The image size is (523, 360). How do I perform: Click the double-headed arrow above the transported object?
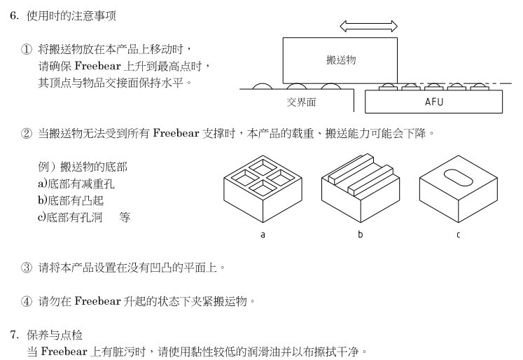[368, 26]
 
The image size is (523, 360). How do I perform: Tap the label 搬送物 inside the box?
[341, 60]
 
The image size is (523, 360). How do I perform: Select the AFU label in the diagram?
[434, 102]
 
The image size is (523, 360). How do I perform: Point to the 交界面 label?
[301, 102]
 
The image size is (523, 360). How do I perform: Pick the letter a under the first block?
[263, 235]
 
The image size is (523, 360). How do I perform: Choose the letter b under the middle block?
[361, 234]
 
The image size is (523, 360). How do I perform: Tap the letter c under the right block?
[458, 235]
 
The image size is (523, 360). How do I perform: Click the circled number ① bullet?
[27, 50]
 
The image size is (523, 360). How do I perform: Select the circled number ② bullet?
[27, 134]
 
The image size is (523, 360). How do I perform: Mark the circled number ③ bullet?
[27, 268]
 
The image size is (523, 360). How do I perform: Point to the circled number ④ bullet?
[27, 301]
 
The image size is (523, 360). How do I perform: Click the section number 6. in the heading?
[14, 15]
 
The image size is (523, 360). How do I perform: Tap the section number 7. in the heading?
[14, 335]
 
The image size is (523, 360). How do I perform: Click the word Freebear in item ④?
[97, 301]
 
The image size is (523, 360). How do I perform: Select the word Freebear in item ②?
[176, 133]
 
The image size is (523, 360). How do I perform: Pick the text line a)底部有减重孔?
[76, 184]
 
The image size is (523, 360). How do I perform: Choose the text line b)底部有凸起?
[71, 200]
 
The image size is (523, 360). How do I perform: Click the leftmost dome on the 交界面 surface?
[263, 86]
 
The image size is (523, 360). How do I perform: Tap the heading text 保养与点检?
[55, 335]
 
